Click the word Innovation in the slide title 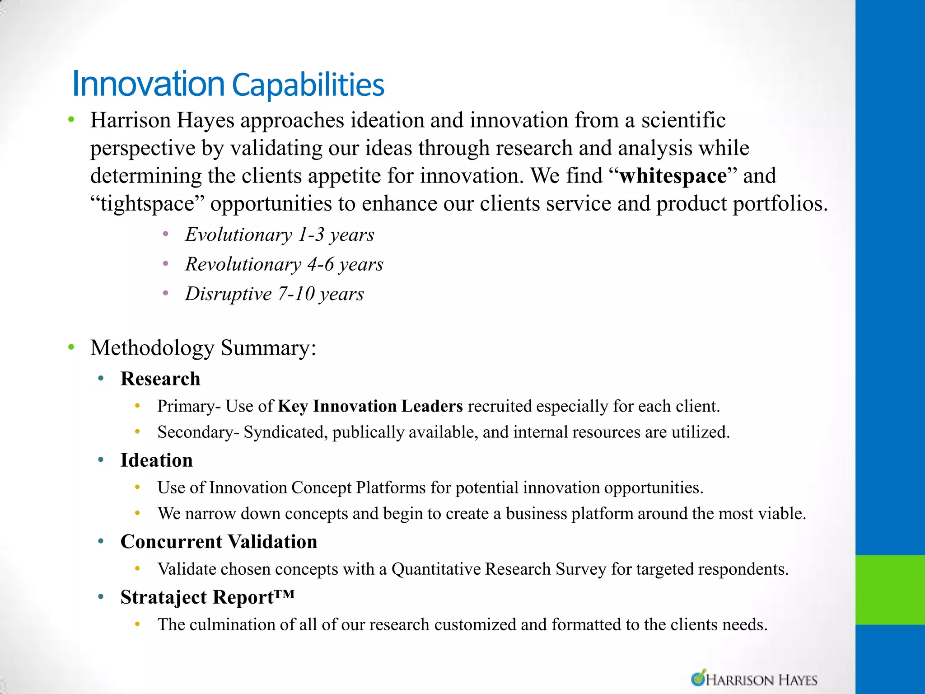click(148, 84)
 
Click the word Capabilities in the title click(308, 85)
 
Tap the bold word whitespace click(673, 176)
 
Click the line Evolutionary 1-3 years click(280, 234)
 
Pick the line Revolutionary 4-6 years click(284, 264)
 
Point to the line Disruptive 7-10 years click(274, 294)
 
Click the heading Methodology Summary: click(203, 348)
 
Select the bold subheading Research click(160, 379)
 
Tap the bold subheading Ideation click(157, 460)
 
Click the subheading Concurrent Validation click(219, 542)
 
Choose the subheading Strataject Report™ click(207, 597)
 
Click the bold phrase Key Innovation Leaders click(370, 406)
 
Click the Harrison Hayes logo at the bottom click(754, 679)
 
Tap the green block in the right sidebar click(890, 590)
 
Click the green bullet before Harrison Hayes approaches click(71, 120)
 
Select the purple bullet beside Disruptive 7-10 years click(166, 294)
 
